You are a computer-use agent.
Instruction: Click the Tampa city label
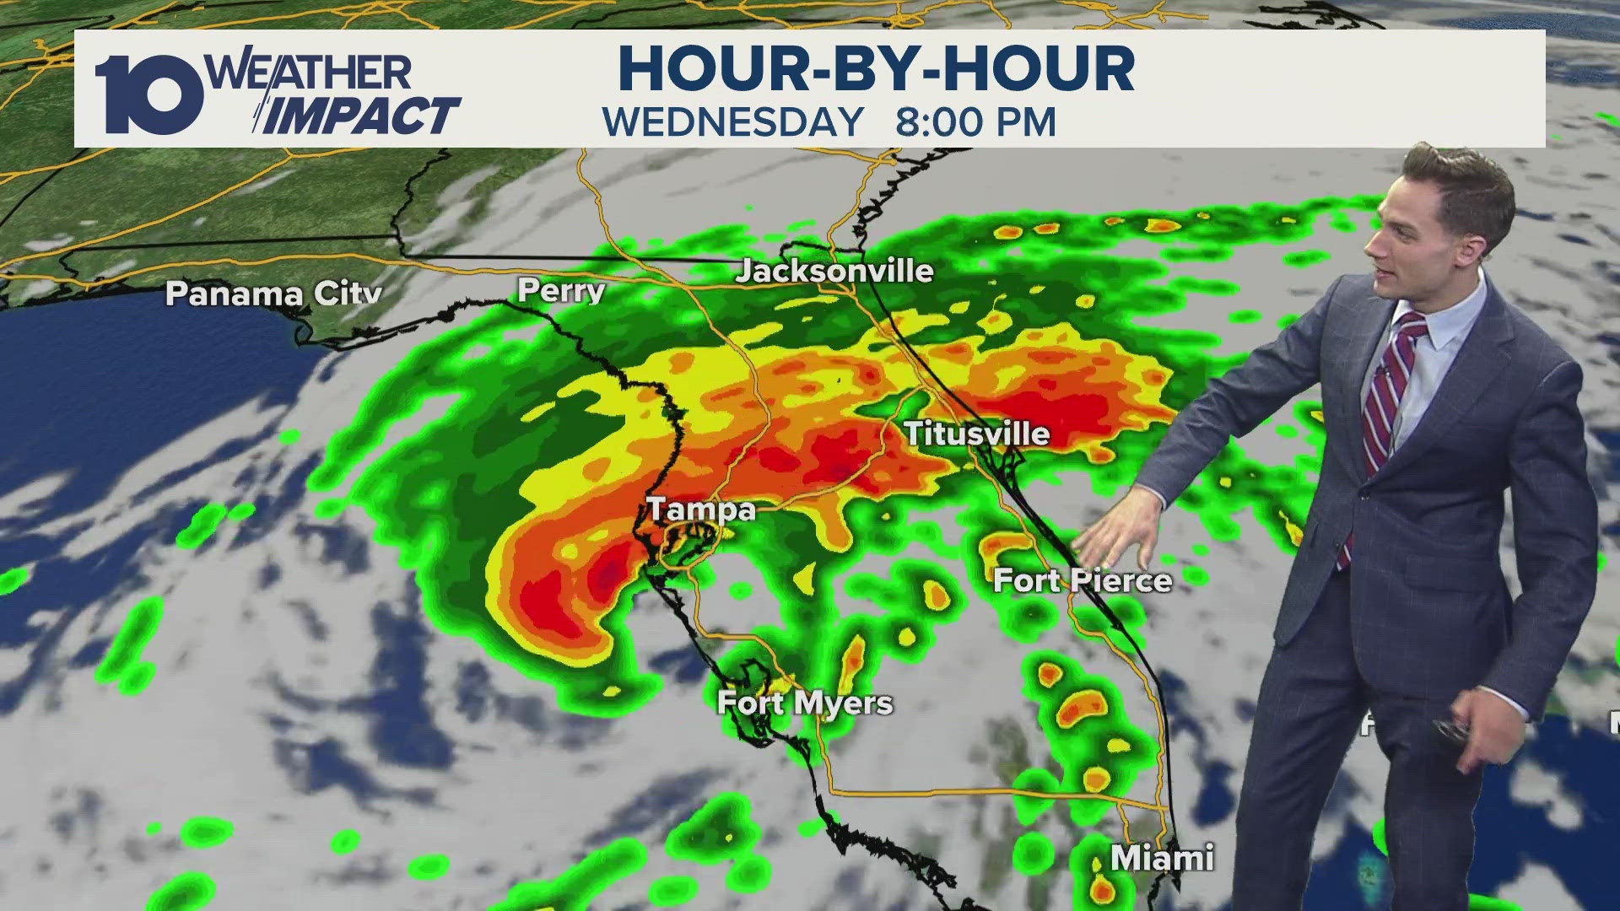pos(700,509)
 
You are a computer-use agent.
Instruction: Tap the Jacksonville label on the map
pos(834,271)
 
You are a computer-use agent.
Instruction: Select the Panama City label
pos(273,293)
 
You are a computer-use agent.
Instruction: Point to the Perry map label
pos(561,291)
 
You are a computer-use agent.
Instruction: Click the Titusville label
pos(977,434)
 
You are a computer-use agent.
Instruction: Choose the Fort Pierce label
pos(1083,580)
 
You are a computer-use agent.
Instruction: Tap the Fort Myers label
pos(804,703)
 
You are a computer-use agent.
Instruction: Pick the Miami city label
pos(1162,858)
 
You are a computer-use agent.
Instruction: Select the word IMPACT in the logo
pos(364,116)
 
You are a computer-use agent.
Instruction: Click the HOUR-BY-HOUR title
pos(877,68)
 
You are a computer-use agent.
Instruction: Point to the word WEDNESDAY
pos(733,122)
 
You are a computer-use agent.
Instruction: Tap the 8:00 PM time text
pos(975,122)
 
